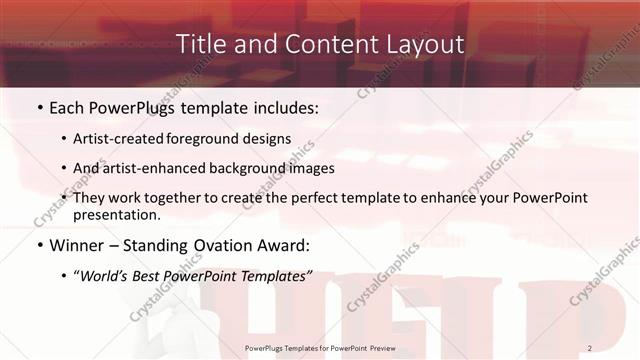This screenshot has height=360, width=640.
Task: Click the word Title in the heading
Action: coord(199,45)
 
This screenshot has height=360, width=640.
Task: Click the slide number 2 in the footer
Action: coord(590,347)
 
